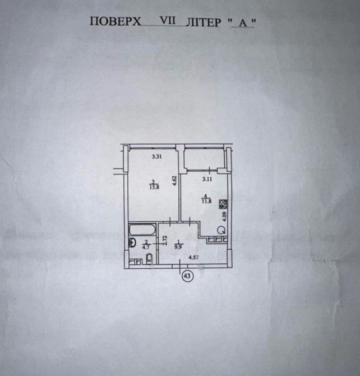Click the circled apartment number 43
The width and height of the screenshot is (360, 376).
click(x=186, y=275)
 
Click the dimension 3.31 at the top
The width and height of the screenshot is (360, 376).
click(x=156, y=157)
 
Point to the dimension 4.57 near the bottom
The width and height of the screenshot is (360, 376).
click(x=193, y=258)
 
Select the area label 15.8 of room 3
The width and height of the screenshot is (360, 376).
click(x=153, y=188)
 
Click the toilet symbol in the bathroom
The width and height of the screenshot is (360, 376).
click(x=149, y=258)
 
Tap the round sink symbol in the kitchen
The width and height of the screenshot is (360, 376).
click(x=222, y=229)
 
